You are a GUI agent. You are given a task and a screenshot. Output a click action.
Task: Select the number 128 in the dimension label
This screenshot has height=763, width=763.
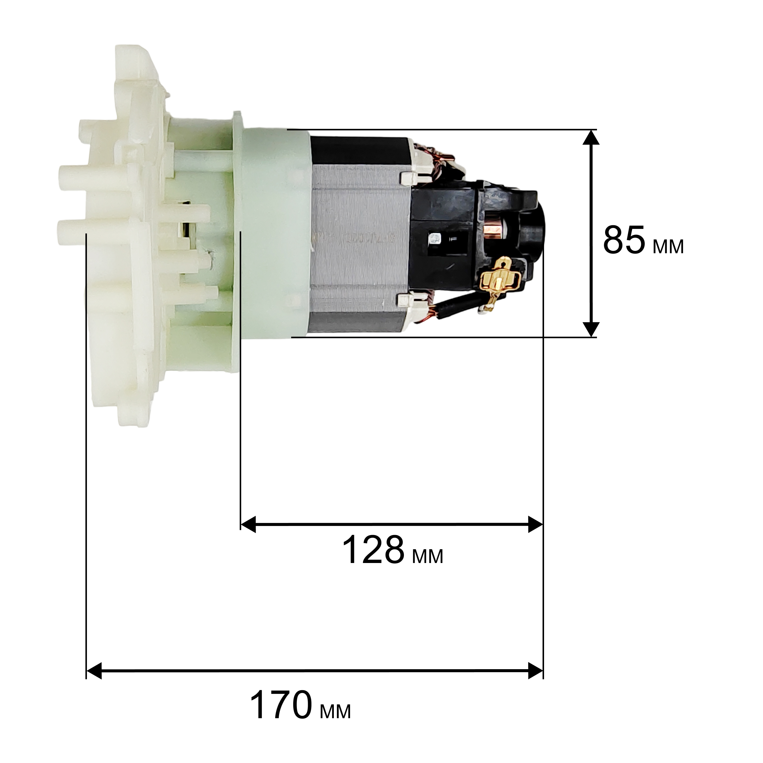[x=373, y=550]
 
